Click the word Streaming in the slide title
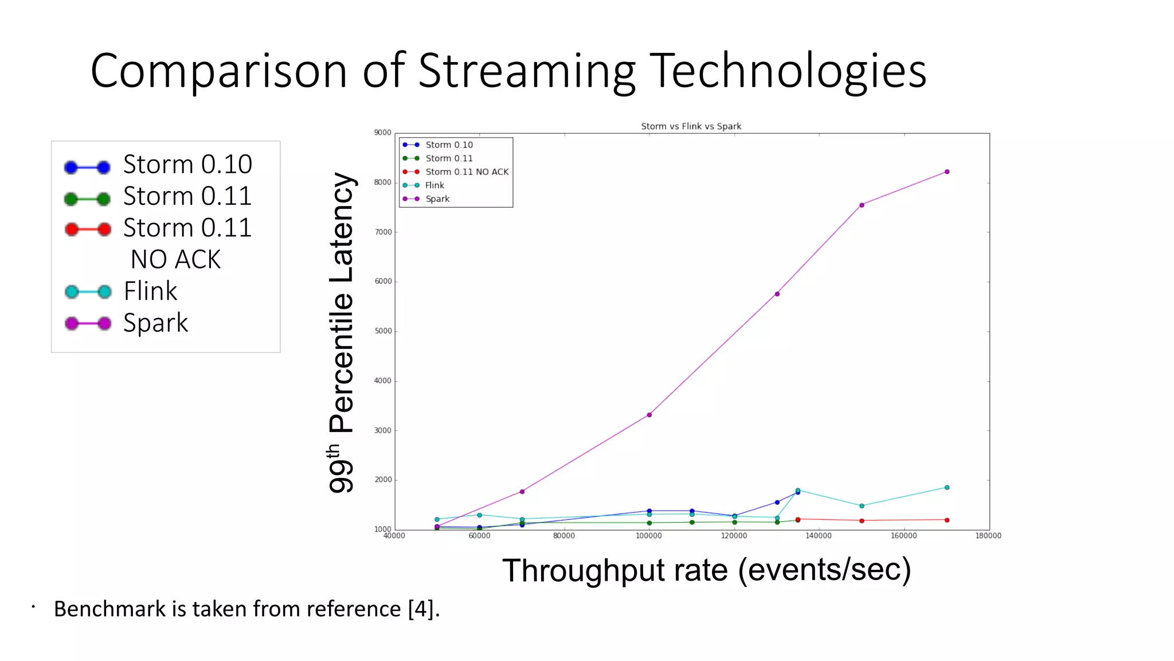pyautogui.click(x=527, y=71)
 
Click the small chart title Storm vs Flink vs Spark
pyautogui.click(x=691, y=126)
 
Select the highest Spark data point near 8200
pyautogui.click(x=946, y=172)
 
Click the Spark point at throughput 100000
pyautogui.click(x=649, y=415)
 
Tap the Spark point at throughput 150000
pyautogui.click(x=862, y=205)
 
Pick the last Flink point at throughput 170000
pyautogui.click(x=946, y=488)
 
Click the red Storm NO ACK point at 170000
pyautogui.click(x=946, y=520)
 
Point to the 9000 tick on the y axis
pyautogui.click(x=382, y=133)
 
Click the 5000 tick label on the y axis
pyautogui.click(x=382, y=331)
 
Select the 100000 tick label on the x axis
pyautogui.click(x=648, y=536)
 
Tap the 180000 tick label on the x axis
pyautogui.click(x=988, y=536)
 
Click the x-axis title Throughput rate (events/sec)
pyautogui.click(x=706, y=570)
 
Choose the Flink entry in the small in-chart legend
pyautogui.click(x=434, y=185)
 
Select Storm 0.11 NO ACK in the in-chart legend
pyautogui.click(x=467, y=172)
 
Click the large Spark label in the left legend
pyautogui.click(x=155, y=323)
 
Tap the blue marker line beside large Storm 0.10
pyautogui.click(x=87, y=168)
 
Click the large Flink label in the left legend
pyautogui.click(x=150, y=291)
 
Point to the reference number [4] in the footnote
pyautogui.click(x=420, y=609)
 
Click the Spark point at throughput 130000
pyautogui.click(x=777, y=294)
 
